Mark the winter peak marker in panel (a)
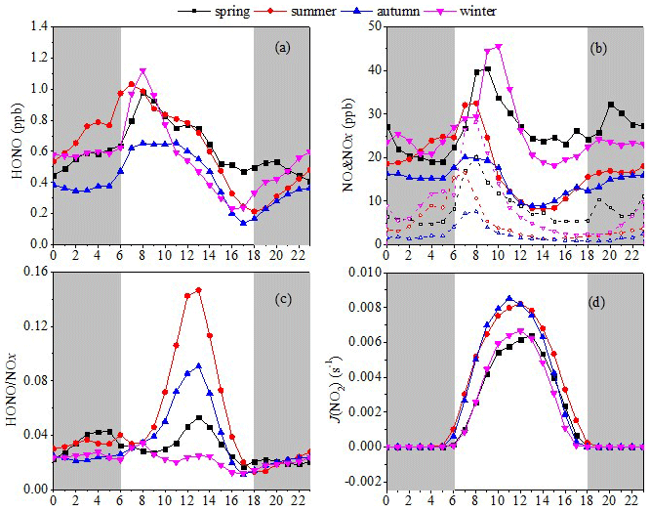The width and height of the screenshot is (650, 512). click(x=143, y=71)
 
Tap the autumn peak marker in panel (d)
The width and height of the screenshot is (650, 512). click(x=509, y=299)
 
